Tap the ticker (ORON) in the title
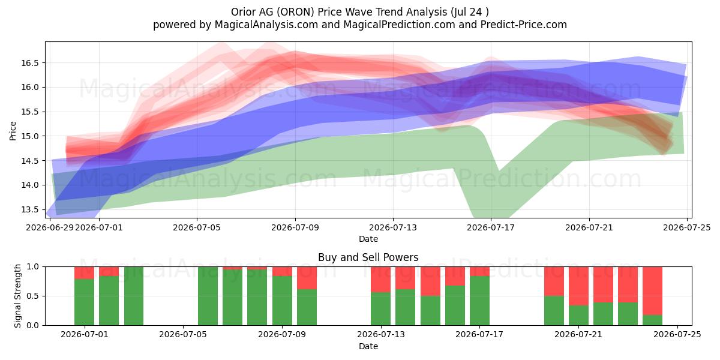click(x=296, y=12)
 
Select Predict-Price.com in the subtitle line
click(x=524, y=25)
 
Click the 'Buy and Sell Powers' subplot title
click(x=368, y=257)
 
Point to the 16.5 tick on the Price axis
click(x=29, y=63)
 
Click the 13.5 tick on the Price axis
click(x=29, y=209)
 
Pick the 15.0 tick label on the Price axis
click(x=29, y=136)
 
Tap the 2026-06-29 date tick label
click(x=49, y=227)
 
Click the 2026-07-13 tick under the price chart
click(x=393, y=227)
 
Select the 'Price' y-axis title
click(x=13, y=131)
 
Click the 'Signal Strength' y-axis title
click(x=17, y=296)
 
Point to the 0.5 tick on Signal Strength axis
click(x=32, y=296)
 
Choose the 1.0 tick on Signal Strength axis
click(x=32, y=266)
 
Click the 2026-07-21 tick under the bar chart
click(x=578, y=334)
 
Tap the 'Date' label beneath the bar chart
click(x=368, y=346)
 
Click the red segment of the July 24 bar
click(x=653, y=291)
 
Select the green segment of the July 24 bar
click(x=653, y=320)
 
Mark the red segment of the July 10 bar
click(x=307, y=278)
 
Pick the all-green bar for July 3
click(x=134, y=296)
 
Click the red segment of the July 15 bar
click(x=430, y=281)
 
